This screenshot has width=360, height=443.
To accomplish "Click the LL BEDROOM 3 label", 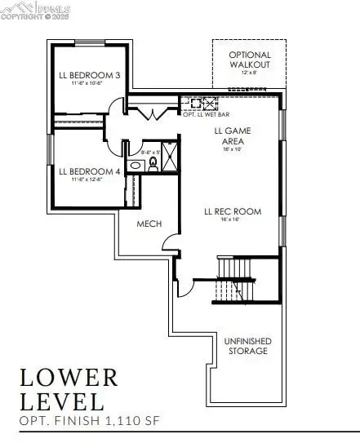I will (90, 75).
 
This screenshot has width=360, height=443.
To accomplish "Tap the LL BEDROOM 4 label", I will (90, 171).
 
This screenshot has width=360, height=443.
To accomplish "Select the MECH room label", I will (149, 223).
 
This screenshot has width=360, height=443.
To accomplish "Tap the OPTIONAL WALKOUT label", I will (250, 60).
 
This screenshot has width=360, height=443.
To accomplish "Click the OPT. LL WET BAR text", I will (201, 115).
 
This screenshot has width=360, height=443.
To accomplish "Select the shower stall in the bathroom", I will (171, 156).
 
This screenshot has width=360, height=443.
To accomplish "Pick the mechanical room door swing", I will (169, 240).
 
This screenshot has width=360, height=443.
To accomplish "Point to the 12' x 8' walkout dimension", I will (250, 73).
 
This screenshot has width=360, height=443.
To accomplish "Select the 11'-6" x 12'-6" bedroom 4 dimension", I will (90, 181).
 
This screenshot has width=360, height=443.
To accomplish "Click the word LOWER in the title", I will (69, 377).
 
